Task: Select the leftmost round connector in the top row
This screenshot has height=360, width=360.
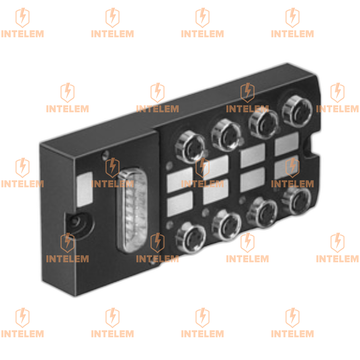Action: click(191, 147)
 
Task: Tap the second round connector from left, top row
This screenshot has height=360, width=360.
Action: click(227, 135)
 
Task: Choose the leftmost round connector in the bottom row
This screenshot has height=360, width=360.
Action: click(190, 239)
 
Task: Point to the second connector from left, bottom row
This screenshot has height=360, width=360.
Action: click(226, 225)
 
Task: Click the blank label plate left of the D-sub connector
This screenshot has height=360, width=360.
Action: click(85, 189)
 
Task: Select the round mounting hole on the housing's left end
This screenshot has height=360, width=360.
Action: click(75, 222)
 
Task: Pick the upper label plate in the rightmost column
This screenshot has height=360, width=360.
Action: click(287, 144)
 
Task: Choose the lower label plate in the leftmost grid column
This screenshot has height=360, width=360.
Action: click(180, 204)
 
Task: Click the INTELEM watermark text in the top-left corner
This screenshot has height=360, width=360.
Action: click(22, 34)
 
